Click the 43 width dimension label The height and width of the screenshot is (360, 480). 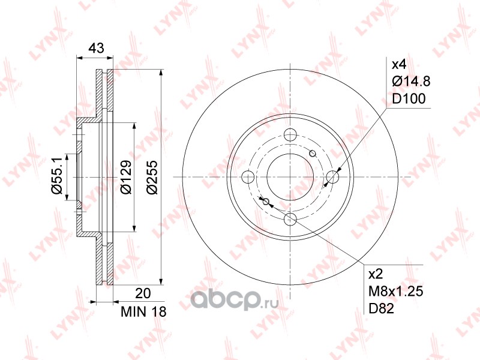coord(96,48)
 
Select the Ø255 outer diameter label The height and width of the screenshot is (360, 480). coord(152,177)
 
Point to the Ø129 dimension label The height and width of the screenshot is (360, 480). coord(126,177)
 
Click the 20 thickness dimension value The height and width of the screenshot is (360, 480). coord(143,293)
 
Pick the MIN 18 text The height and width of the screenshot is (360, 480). coord(143,311)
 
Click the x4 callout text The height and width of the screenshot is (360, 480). coord(399,65)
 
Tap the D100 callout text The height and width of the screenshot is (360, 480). coord(409,98)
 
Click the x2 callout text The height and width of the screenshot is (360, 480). coord(376,274)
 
